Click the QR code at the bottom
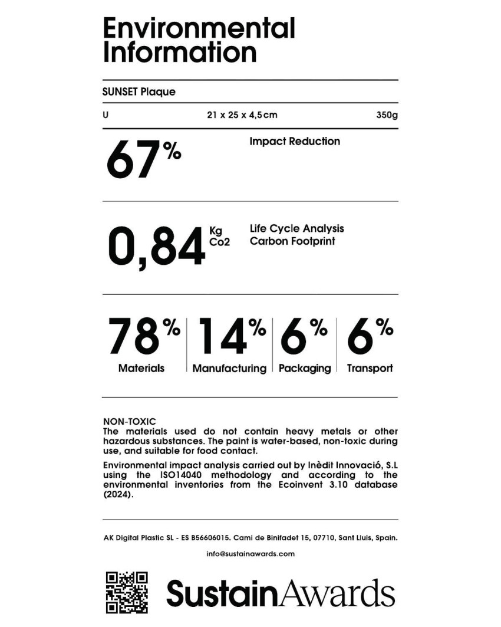126,592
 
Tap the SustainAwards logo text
281,593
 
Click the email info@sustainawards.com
250,554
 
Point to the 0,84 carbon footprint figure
156,247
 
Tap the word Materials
141,368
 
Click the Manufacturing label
229,369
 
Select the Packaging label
305,369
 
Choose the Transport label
370,369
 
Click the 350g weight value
387,115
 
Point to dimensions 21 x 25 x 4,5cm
242,115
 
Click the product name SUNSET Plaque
139,92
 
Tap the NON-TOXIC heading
130,421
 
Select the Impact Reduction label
295,142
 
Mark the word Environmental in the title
199,28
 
